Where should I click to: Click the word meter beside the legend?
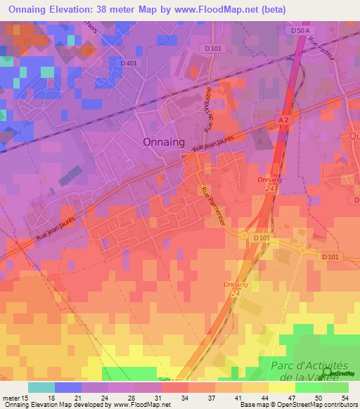tap(11, 397)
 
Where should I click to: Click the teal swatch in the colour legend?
tap(41, 387)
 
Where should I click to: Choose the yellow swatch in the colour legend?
tap(281, 387)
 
